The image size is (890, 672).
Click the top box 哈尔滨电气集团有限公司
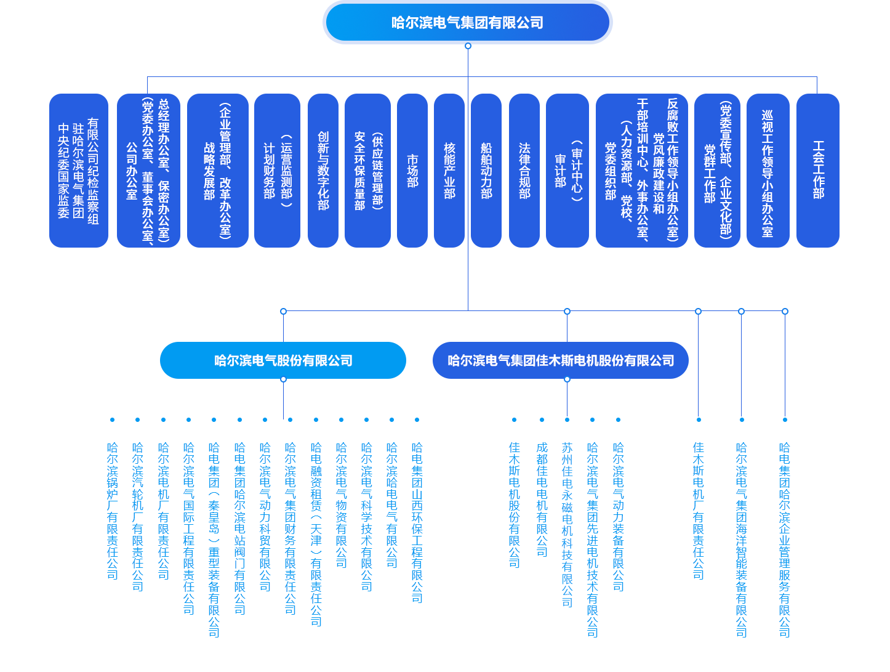pyautogui.click(x=468, y=23)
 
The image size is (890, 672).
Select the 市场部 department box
pyautogui.click(x=412, y=171)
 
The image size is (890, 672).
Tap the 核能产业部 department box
pyautogui.click(x=449, y=171)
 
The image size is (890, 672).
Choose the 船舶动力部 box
pyautogui.click(x=486, y=171)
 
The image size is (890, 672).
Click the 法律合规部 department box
pyautogui.click(x=524, y=171)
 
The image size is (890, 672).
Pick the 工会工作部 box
pyautogui.click(x=818, y=171)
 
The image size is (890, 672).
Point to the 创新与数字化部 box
pyautogui.click(x=323, y=171)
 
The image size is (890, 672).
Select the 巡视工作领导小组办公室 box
pyautogui.click(x=768, y=171)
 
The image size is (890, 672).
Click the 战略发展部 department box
pyautogui.click(x=218, y=171)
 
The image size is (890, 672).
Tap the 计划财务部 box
pyautogui.click(x=277, y=171)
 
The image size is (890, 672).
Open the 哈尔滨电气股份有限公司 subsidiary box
pyautogui.click(x=283, y=360)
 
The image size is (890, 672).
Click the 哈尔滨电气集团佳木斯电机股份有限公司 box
pyautogui.click(x=561, y=360)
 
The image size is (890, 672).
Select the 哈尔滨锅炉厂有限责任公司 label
pyautogui.click(x=113, y=511)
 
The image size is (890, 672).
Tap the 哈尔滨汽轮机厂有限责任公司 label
pyautogui.click(x=138, y=516)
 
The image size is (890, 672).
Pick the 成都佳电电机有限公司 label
pyautogui.click(x=542, y=500)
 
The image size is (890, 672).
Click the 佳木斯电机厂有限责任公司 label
pyautogui.click(x=699, y=511)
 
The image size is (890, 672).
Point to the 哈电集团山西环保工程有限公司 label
pyautogui.click(x=417, y=522)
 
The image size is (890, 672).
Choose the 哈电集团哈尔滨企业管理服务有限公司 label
pyautogui.click(x=785, y=540)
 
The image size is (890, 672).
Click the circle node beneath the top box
pyautogui.click(x=468, y=46)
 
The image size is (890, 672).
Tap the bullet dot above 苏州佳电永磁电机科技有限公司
pyautogui.click(x=567, y=420)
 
